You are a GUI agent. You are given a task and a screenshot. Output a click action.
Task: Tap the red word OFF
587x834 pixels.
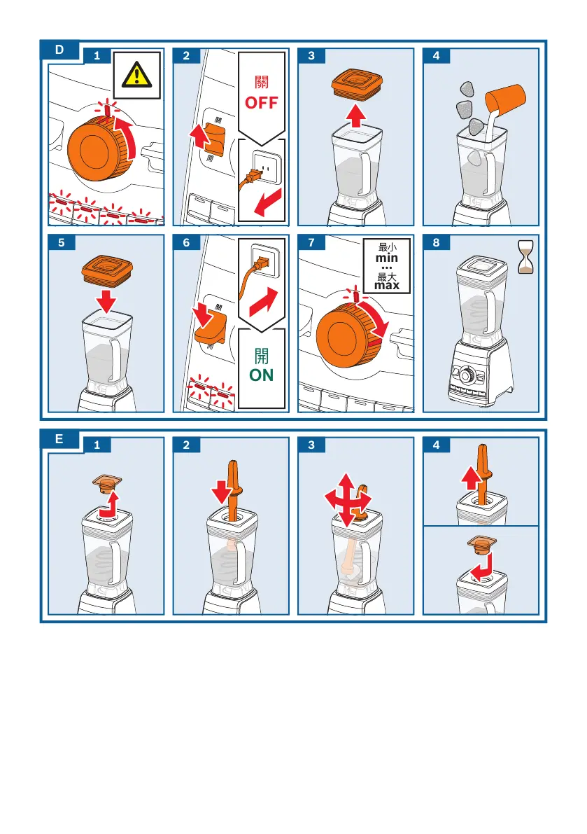261,102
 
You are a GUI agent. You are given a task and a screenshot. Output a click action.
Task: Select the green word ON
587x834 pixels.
262,375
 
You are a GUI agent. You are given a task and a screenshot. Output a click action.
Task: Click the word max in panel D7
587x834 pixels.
386,286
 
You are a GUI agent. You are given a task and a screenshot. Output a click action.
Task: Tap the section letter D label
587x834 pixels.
59,50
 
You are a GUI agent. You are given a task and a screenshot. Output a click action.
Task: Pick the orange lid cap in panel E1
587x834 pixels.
107,482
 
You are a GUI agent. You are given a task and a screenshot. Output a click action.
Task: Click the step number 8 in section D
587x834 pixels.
436,242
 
